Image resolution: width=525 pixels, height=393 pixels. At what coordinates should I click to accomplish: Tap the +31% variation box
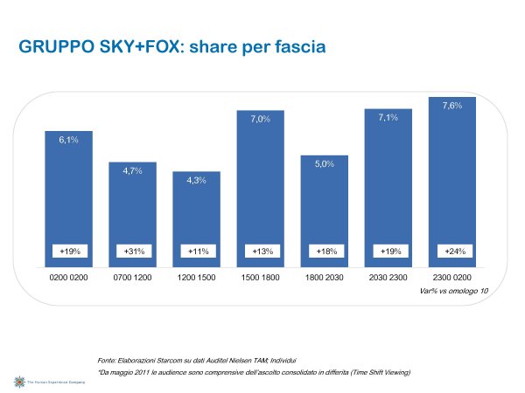click(x=132, y=251)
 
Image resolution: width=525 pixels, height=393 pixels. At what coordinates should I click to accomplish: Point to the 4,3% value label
click(x=196, y=180)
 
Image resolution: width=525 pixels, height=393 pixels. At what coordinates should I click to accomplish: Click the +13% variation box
click(x=261, y=251)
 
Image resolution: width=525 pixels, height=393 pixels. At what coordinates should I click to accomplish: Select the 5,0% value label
click(x=325, y=164)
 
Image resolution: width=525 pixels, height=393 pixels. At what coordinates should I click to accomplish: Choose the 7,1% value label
click(x=388, y=117)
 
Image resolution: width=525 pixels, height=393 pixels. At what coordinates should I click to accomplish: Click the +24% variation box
click(x=452, y=251)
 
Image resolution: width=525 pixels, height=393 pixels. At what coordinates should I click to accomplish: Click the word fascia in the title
click(x=296, y=47)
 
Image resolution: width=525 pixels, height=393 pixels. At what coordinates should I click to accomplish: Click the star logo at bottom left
click(x=17, y=382)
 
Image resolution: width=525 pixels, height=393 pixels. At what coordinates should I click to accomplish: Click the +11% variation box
click(x=196, y=251)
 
